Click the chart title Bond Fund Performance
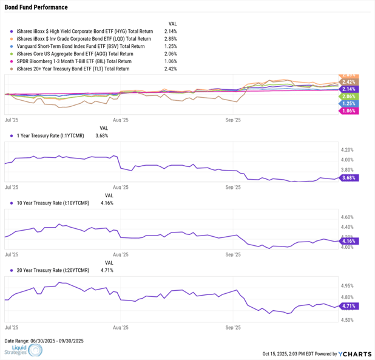[36, 7]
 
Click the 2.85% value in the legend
[171, 38]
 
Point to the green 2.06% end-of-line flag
[348, 97]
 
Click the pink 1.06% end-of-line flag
[348, 111]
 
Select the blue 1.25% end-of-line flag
[348, 104]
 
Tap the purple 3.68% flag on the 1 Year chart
[348, 178]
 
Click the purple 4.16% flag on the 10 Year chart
[348, 241]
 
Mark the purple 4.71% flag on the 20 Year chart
[348, 306]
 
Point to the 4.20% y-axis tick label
[348, 149]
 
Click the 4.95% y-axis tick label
[348, 285]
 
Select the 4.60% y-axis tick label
[348, 217]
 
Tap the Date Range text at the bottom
[44, 341]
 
